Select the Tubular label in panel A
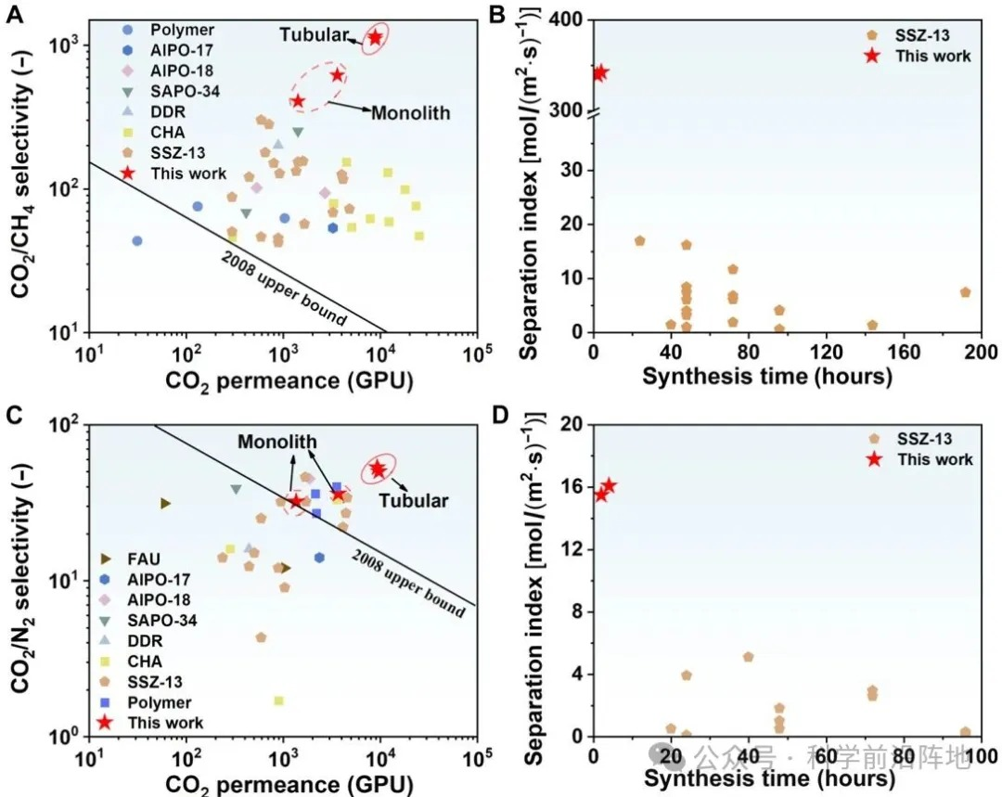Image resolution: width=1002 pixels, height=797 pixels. click(x=316, y=34)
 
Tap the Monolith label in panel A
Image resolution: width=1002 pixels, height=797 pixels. click(x=410, y=113)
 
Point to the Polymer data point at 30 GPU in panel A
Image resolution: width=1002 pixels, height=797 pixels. click(x=137, y=240)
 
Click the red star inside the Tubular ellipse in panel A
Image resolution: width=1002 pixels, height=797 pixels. click(x=376, y=37)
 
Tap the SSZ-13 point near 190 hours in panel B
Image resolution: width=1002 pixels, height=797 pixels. click(x=965, y=292)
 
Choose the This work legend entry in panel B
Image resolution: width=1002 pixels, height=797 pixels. click(x=932, y=56)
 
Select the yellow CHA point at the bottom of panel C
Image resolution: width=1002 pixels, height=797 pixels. click(x=278, y=701)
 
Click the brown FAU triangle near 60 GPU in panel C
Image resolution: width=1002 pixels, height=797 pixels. click(x=165, y=503)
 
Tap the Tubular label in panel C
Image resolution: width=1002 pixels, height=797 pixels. click(x=415, y=501)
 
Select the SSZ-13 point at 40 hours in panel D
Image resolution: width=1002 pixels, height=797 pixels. click(x=748, y=657)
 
